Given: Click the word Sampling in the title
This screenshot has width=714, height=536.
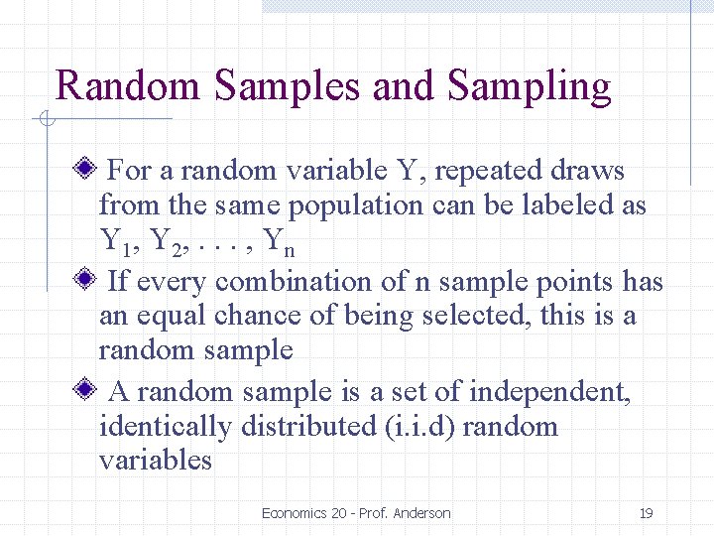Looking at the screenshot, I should point(529,86).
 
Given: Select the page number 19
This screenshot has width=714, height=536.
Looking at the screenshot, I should point(646,513).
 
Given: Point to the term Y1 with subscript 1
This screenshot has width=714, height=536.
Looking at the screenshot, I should point(115,241).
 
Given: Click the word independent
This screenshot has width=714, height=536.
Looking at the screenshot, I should point(549,392).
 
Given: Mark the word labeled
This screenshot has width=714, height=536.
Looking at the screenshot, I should point(571,205).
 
